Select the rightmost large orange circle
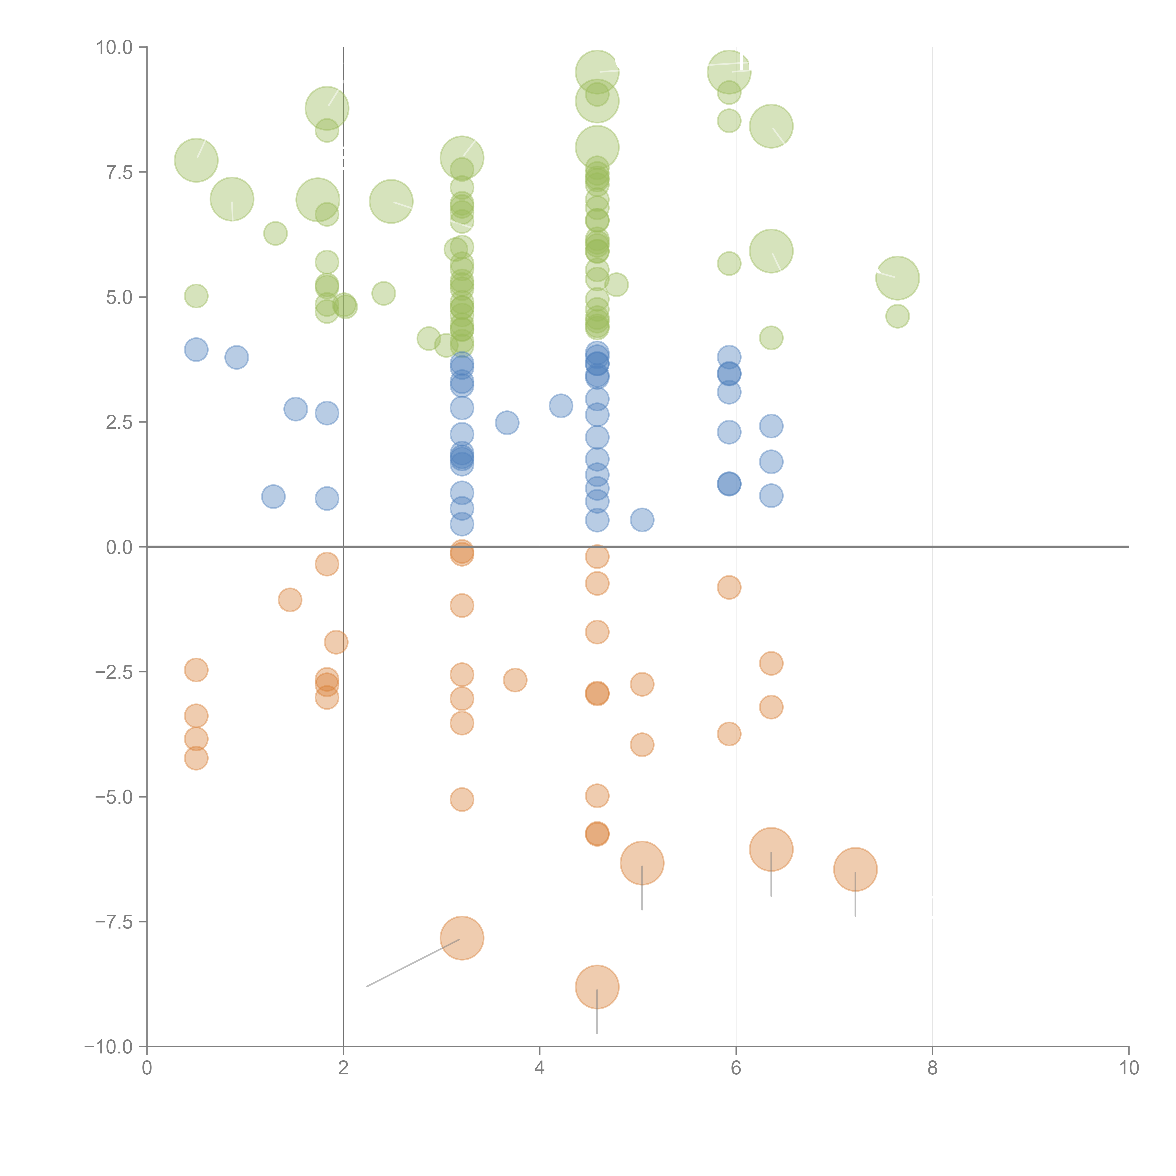pyautogui.click(x=855, y=869)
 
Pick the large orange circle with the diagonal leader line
pyautogui.click(x=462, y=938)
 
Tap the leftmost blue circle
pyautogui.click(x=196, y=350)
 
